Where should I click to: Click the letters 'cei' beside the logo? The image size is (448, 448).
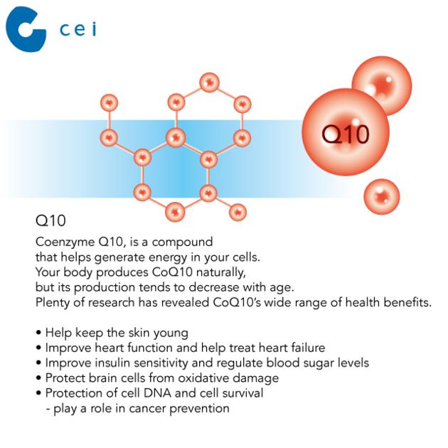[78, 29]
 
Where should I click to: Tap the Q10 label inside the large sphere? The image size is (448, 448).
[346, 134]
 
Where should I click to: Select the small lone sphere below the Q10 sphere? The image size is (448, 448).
[382, 196]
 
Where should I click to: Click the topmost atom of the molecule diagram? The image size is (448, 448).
[210, 82]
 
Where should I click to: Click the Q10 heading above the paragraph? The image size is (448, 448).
[50, 220]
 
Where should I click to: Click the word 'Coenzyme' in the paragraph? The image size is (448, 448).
[65, 242]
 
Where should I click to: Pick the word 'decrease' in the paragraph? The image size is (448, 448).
[213, 287]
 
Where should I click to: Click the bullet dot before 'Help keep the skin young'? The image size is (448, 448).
[38, 333]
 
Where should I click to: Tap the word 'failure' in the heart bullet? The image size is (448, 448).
[308, 348]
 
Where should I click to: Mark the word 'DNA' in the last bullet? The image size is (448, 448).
[157, 393]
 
